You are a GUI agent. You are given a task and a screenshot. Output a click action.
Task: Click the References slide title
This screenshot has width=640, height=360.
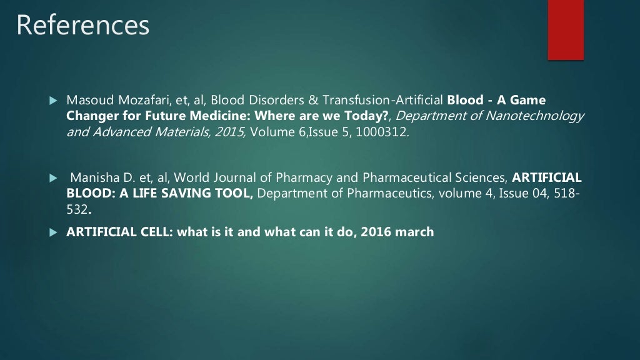[x=82, y=25]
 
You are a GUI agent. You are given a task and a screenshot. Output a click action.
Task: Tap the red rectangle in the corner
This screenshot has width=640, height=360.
[x=566, y=29]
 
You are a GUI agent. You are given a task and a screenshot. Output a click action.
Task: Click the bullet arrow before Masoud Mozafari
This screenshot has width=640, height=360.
[x=53, y=101]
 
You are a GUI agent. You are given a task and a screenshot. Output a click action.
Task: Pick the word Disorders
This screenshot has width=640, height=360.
[x=241, y=100]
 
